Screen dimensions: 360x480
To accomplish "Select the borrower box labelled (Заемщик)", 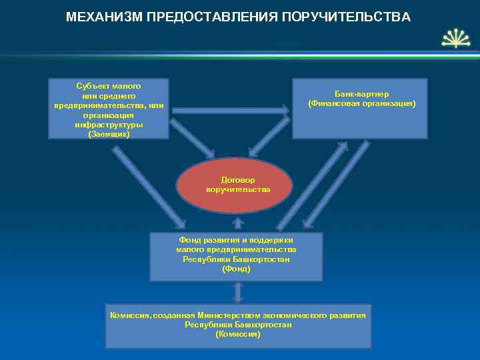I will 109,109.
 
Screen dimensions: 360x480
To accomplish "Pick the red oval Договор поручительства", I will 235,185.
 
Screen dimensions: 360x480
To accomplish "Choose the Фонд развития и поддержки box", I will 236,257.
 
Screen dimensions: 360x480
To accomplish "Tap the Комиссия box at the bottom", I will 238,325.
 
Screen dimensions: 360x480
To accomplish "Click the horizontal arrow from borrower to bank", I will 230,109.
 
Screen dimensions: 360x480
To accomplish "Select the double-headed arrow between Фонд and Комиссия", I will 237,291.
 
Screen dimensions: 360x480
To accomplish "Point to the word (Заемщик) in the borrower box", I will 109,134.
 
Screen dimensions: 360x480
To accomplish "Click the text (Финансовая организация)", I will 361,104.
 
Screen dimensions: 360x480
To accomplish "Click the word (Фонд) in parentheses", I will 236,269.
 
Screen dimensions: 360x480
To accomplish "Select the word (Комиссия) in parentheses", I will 238,334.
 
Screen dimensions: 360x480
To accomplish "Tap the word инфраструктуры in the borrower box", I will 109,125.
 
